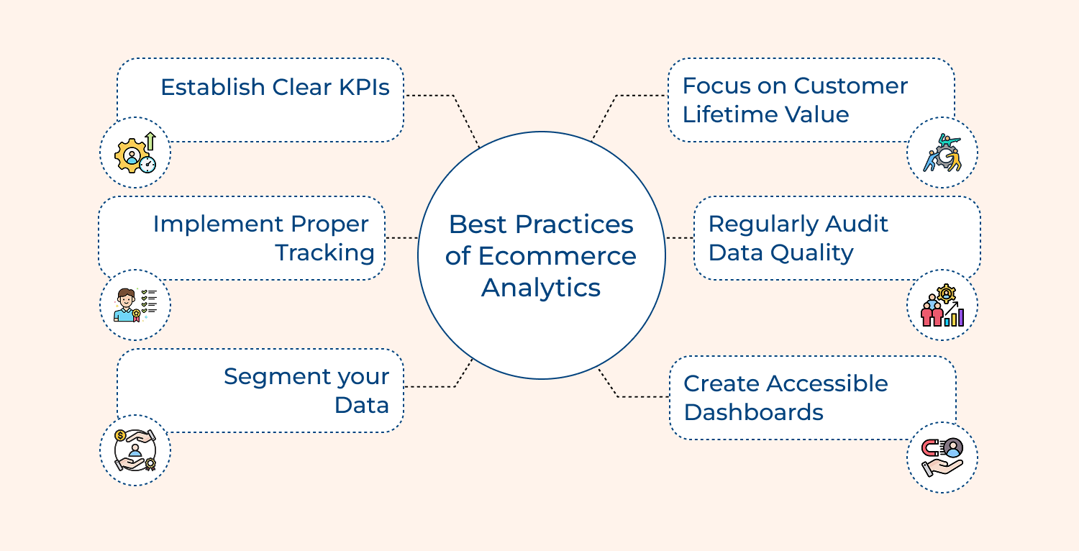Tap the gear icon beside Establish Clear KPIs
[135, 153]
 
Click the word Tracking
[325, 253]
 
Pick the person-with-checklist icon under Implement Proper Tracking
[135, 305]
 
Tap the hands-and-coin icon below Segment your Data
[135, 450]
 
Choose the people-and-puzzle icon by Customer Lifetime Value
[942, 152]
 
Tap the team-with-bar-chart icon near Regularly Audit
[942, 305]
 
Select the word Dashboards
[753, 412]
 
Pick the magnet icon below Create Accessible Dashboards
[942, 457]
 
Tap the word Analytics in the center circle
[541, 288]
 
